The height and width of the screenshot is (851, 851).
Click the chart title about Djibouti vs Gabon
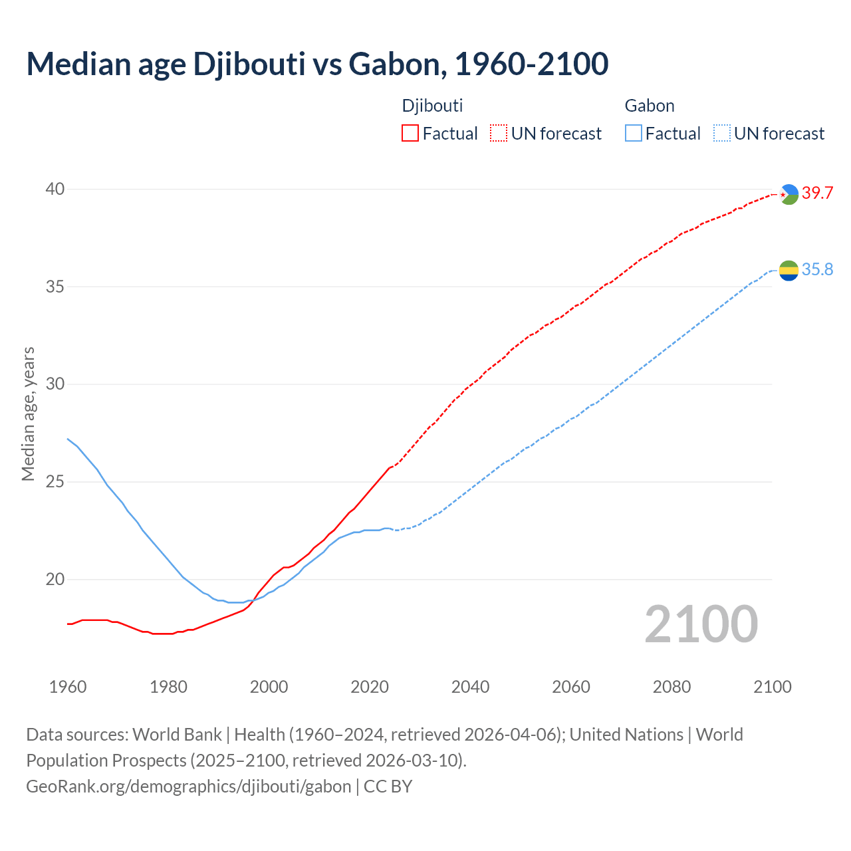coord(317,64)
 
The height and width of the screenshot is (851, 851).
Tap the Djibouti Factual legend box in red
coord(410,134)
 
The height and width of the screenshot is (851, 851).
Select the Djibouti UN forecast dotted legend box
coord(499,134)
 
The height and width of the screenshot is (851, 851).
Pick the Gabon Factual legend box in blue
coord(634,134)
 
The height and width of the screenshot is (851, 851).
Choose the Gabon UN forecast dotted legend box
coord(722,134)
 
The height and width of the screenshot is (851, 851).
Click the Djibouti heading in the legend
coord(432,106)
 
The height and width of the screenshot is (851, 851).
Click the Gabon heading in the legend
coord(650,106)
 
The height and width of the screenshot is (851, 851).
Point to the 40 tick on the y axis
coord(55,189)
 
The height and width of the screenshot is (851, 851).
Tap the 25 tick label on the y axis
coord(55,482)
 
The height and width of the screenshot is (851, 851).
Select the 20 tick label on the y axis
coord(55,580)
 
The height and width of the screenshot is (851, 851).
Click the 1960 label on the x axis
coord(68,687)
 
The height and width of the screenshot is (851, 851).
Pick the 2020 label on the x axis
coord(370,687)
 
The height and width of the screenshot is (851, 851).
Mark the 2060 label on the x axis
coord(571,687)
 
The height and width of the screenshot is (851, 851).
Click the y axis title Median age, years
coord(28,414)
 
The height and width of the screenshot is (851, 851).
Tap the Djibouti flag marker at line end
coord(789,194)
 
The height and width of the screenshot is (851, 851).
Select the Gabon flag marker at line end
coord(789,271)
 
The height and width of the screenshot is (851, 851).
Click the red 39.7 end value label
coord(817,193)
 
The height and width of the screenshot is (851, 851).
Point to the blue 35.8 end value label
coord(817,270)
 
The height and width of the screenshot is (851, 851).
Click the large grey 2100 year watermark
coord(701,624)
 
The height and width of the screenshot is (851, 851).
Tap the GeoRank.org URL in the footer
coord(188,787)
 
